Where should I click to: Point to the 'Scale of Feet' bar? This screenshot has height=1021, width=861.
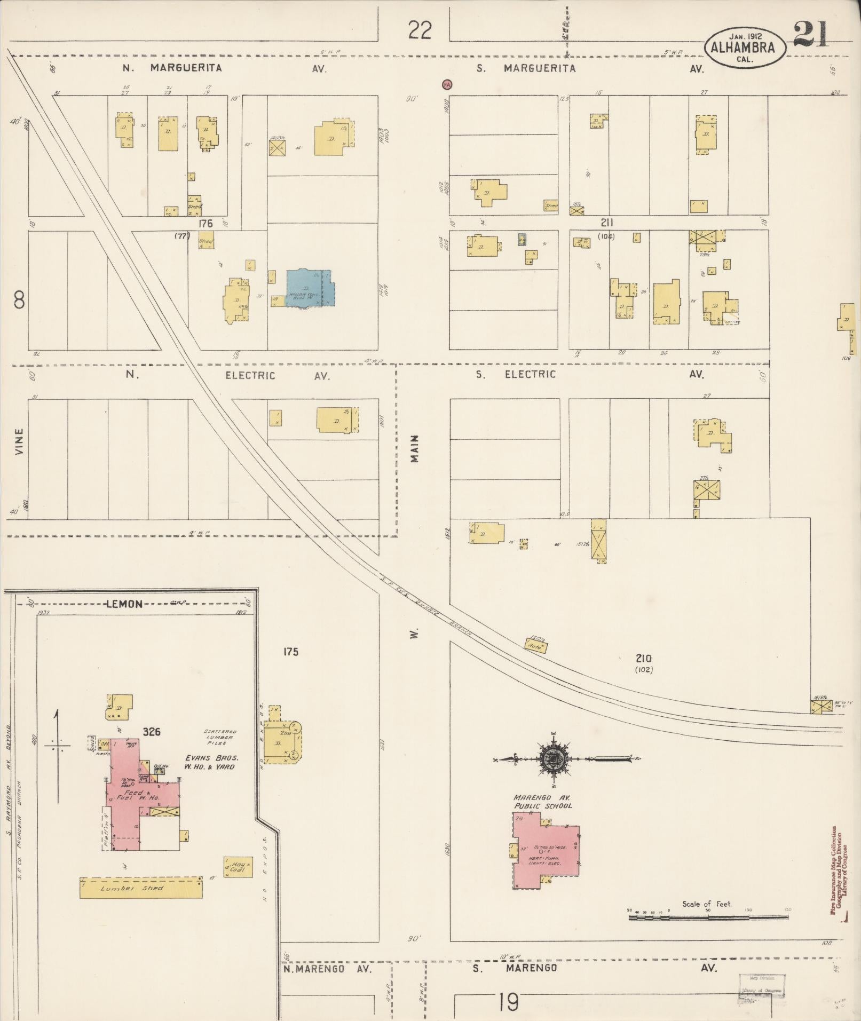708,917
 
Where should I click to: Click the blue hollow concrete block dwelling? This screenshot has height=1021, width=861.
310,288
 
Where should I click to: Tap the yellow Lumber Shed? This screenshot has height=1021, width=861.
140,888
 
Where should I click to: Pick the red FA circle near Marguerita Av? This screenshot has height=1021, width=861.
447,84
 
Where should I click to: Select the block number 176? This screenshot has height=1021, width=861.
206,224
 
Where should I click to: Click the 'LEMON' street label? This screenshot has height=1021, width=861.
124,604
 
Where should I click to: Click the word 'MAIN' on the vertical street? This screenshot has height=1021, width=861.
415,448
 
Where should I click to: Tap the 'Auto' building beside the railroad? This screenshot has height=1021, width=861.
536,645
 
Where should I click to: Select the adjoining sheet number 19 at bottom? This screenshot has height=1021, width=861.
509,1002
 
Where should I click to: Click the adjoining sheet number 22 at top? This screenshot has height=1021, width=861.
420,30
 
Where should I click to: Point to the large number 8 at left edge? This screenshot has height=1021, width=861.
19,302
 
